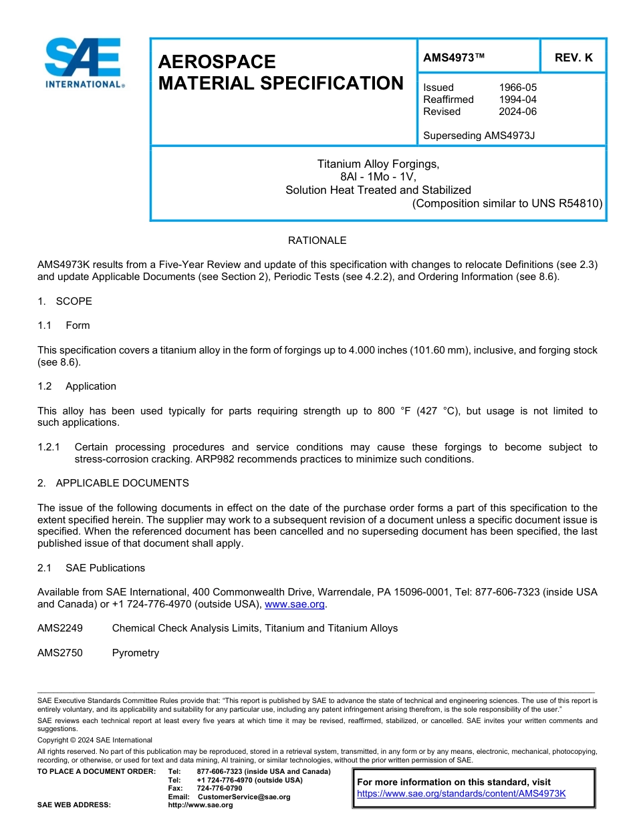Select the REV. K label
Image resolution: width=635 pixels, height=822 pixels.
coord(574,57)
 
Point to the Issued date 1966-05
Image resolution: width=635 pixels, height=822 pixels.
coord(517,88)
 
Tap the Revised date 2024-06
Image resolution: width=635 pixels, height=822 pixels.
coord(517,112)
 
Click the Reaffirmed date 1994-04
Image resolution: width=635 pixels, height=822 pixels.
coord(517,100)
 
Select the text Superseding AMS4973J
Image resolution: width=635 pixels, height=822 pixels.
coord(479,136)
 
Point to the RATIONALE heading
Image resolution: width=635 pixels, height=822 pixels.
coord(317,241)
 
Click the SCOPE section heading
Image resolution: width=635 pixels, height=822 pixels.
coord(74,301)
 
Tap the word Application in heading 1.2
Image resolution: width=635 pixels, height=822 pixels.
coord(91,386)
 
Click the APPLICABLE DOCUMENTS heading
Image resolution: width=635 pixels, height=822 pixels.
coord(122,483)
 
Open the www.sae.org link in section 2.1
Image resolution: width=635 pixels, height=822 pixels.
coord(295,604)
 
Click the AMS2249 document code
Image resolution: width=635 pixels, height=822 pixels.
coord(60,628)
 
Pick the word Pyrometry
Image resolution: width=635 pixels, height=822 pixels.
coord(136,653)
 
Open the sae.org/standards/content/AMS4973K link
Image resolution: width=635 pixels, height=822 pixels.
coord(461,794)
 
